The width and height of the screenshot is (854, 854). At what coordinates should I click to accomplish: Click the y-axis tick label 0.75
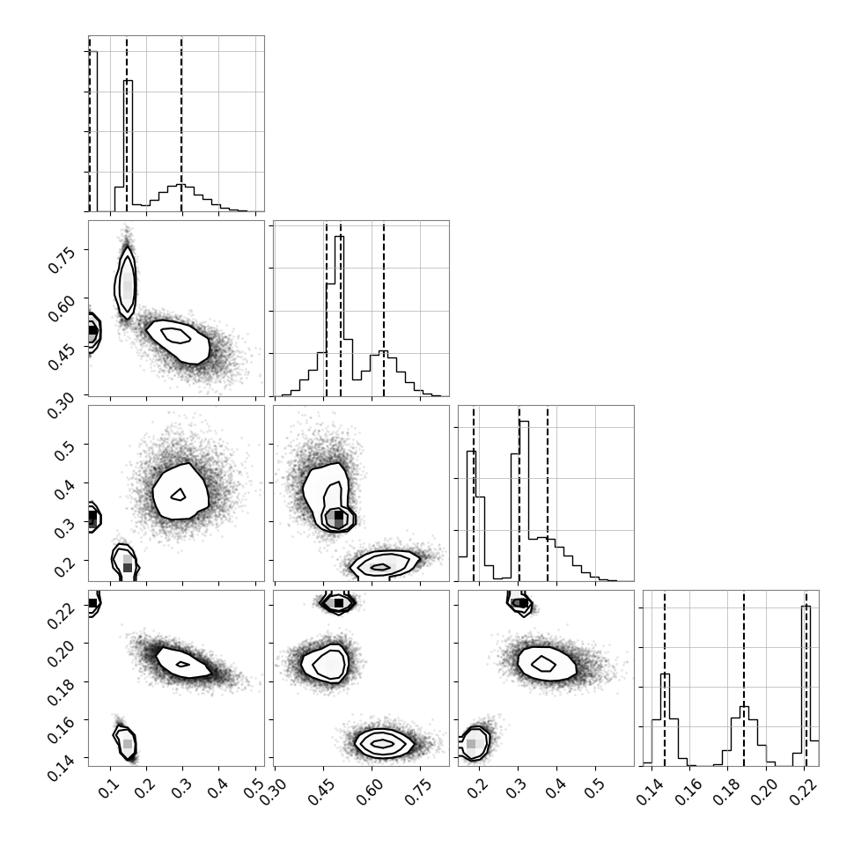click(x=61, y=259)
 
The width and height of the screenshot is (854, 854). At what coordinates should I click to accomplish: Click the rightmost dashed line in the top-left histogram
click(x=181, y=123)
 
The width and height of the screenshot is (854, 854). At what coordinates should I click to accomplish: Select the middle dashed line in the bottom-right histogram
click(x=743, y=678)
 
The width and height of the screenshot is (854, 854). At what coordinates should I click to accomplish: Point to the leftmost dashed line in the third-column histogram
click(x=474, y=493)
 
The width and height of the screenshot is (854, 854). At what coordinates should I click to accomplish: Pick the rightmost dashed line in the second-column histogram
click(x=384, y=309)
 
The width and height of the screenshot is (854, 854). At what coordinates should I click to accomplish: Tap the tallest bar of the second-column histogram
click(x=339, y=316)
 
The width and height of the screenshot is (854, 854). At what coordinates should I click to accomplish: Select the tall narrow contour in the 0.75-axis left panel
click(x=125, y=282)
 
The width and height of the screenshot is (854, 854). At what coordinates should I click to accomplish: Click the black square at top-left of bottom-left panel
click(x=92, y=603)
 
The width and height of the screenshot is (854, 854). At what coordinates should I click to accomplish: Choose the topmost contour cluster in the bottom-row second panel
click(x=338, y=602)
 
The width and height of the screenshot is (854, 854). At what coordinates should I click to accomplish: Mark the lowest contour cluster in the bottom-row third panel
click(x=474, y=743)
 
